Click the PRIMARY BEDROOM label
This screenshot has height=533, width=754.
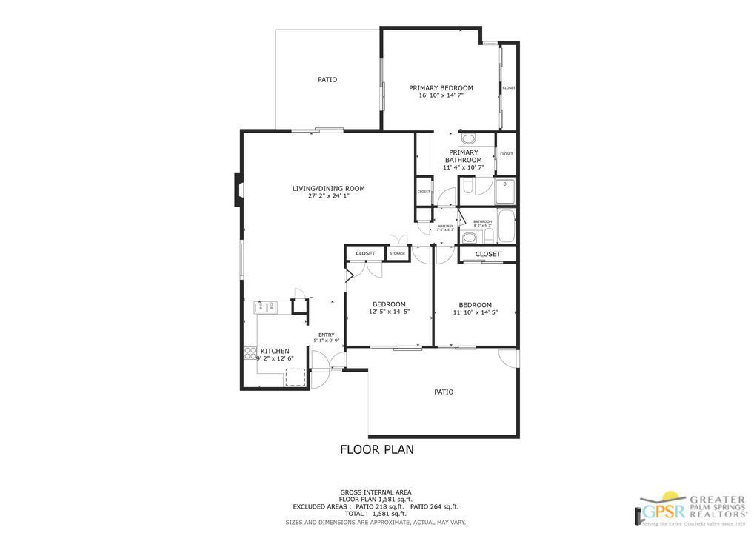[x=441, y=88]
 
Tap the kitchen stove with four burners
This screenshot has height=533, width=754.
[x=250, y=353]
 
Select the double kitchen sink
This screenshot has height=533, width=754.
[x=265, y=307]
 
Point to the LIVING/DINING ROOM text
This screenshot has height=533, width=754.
[x=328, y=188]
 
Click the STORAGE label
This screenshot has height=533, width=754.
[x=398, y=254]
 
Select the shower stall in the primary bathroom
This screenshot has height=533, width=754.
[x=504, y=191]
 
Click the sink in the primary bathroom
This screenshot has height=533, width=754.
[x=468, y=138]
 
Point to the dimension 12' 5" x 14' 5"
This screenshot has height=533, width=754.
[x=389, y=312]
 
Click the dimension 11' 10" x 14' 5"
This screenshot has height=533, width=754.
[x=475, y=312]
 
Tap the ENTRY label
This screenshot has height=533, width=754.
[x=326, y=335]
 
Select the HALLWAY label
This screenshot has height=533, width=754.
[x=445, y=226]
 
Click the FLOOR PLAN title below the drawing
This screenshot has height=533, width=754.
[x=376, y=449]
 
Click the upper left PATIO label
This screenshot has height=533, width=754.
[x=327, y=79]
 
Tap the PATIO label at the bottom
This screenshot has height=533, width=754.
[x=443, y=392]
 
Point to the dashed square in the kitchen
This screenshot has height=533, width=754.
[x=296, y=377]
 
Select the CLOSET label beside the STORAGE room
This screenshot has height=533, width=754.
[x=365, y=254]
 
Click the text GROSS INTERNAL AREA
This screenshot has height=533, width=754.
[x=376, y=492]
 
